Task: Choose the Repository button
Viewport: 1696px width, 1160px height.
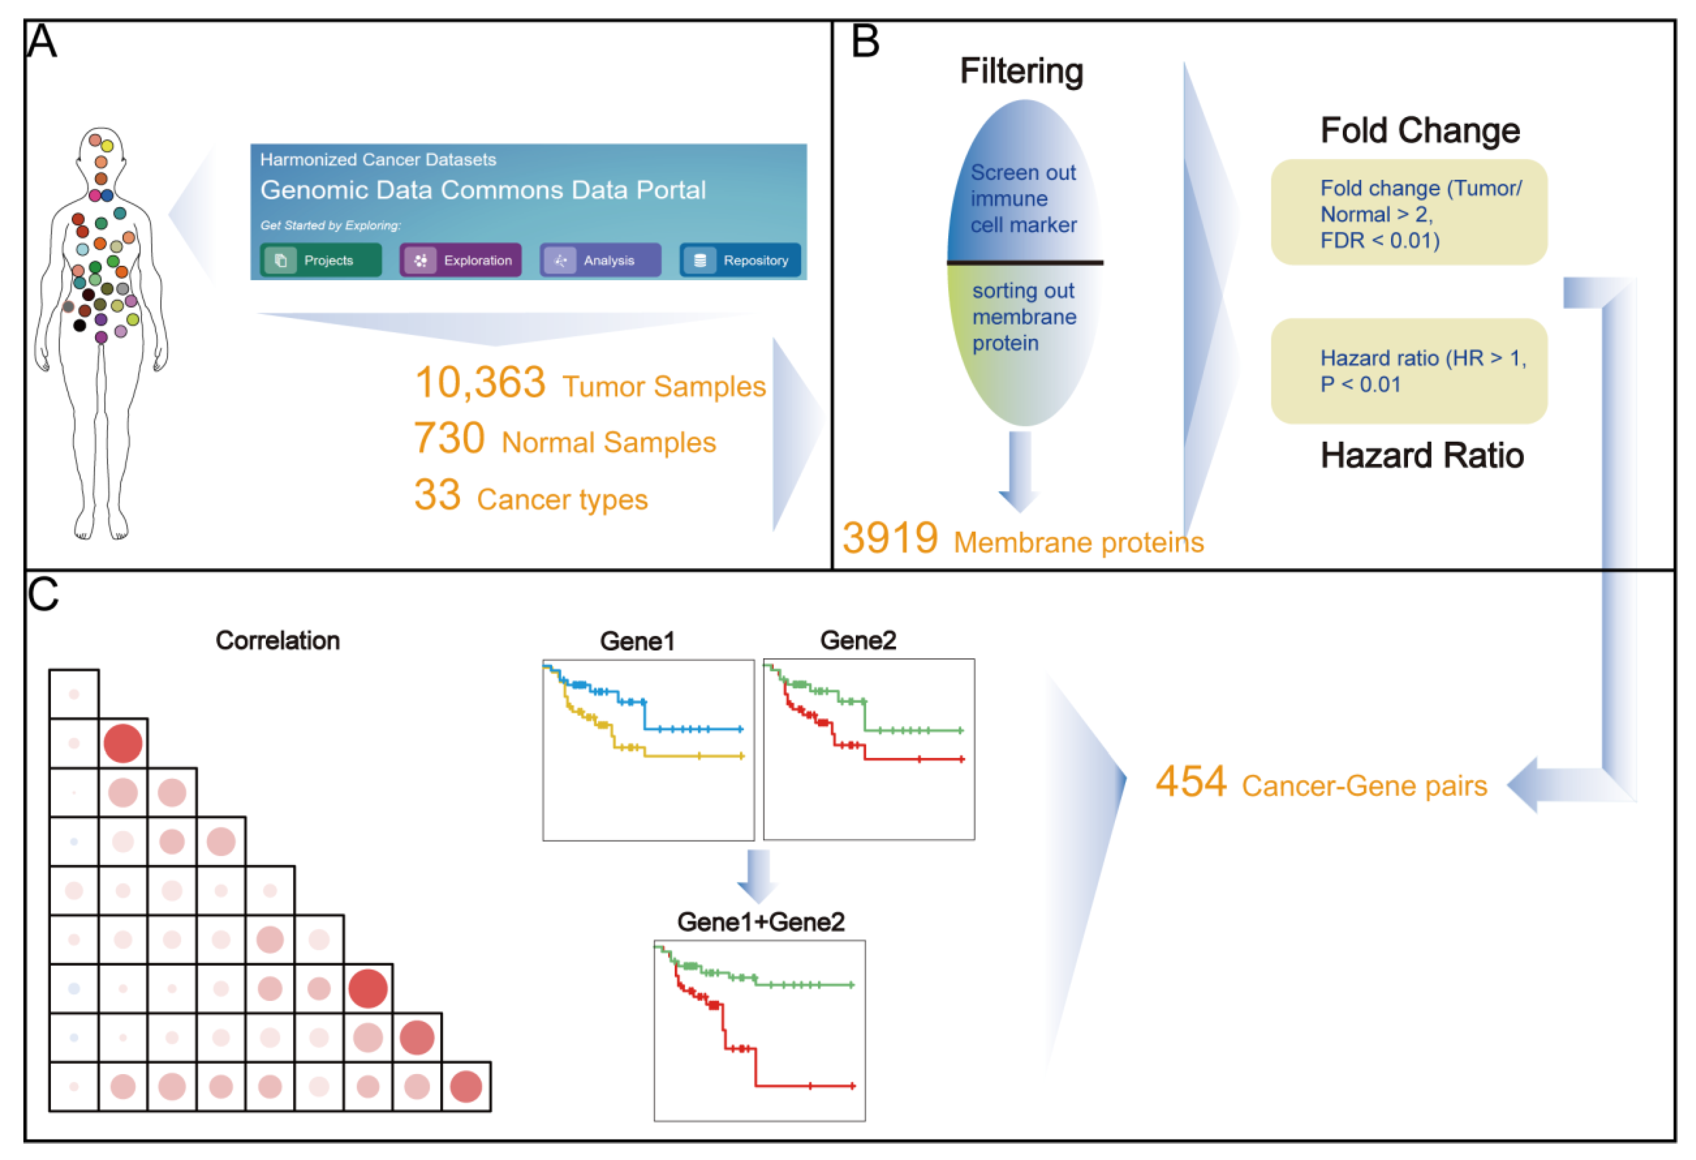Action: (x=740, y=260)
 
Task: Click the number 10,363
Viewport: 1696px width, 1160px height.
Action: (x=480, y=383)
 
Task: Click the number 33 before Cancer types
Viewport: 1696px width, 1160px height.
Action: (x=437, y=496)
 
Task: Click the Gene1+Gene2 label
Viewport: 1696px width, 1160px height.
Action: (x=761, y=922)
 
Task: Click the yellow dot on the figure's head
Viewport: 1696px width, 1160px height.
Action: (x=107, y=146)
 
